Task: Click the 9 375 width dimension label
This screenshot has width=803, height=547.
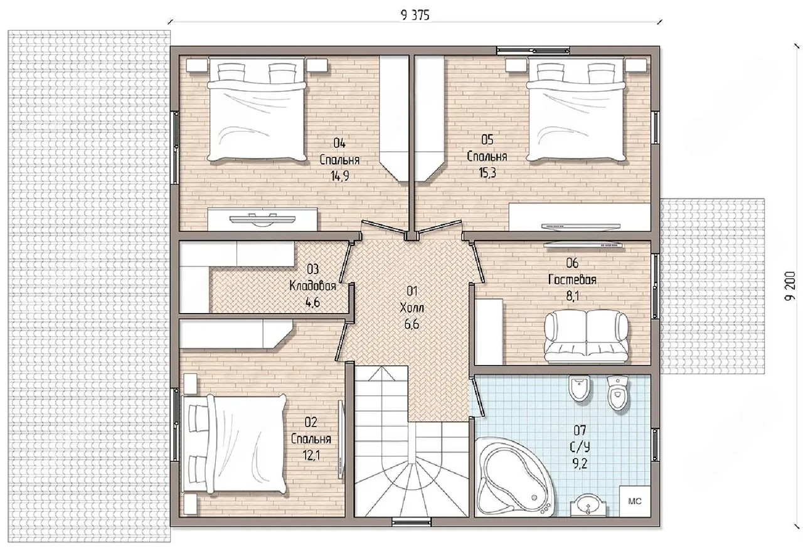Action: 415,16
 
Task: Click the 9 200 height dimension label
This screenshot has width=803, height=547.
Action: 790,285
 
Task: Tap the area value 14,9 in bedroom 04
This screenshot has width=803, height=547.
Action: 340,176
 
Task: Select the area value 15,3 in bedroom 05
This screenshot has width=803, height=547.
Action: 487,173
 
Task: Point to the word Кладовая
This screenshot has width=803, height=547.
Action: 312,285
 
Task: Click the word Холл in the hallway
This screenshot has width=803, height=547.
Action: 412,307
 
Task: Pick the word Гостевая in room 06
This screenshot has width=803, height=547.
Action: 572,279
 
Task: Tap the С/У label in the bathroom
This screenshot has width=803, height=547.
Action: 580,447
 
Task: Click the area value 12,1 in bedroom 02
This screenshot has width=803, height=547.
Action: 311,455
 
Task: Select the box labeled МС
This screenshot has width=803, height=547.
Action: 635,501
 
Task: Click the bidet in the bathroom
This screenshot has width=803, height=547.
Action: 579,388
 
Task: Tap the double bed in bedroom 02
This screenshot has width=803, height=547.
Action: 235,444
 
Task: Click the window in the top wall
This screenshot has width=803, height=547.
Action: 533,51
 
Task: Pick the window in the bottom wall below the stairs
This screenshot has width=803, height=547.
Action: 412,522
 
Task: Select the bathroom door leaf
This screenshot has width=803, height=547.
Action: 477,398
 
